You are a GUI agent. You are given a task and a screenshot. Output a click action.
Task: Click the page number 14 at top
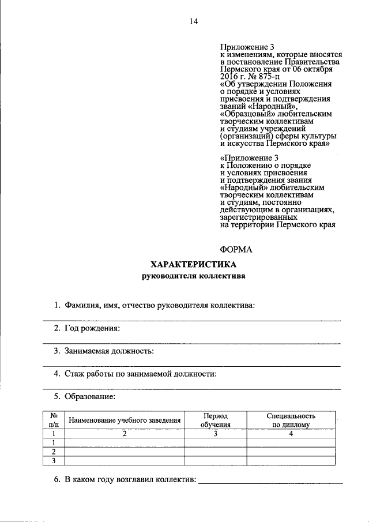(193, 22)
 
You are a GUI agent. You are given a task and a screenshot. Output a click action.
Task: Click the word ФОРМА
(236, 249)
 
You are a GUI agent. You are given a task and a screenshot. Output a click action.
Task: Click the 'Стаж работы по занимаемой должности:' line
(135, 374)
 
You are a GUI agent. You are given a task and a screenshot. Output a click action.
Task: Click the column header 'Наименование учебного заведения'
(125, 420)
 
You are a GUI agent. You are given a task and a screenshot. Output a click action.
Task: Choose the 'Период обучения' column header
(216, 420)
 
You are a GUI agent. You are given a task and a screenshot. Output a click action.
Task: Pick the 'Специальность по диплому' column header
(291, 420)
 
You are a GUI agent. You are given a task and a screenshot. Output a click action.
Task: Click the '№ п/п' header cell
(54, 420)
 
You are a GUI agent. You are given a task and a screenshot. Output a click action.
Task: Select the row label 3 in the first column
(54, 460)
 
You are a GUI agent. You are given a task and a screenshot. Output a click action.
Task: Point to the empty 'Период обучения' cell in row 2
(216, 452)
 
